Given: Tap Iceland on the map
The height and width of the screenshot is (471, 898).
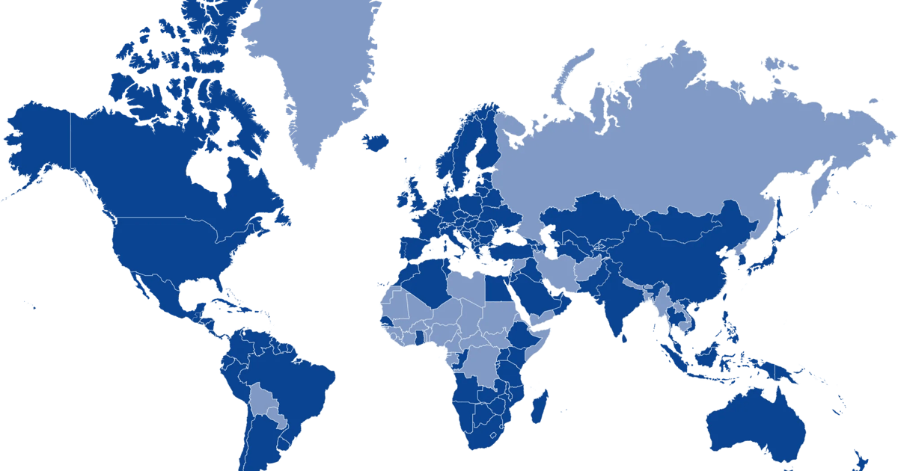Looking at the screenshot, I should (x=377, y=141).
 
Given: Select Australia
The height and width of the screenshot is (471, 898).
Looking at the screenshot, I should (x=756, y=426).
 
